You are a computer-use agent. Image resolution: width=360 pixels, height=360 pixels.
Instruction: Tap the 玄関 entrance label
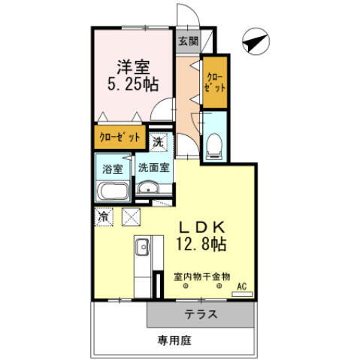coord(188,41)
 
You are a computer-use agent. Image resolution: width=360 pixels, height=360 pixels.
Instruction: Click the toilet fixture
coord(213,144)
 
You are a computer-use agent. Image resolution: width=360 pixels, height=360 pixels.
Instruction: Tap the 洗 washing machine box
coord(159,141)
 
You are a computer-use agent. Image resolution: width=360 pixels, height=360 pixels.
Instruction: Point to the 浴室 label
coord(112,168)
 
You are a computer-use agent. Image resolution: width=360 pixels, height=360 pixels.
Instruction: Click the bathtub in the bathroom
coord(113,190)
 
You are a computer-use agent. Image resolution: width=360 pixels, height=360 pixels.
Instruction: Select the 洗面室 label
coord(153,168)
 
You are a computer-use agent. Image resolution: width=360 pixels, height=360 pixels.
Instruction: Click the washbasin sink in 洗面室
coord(149,189)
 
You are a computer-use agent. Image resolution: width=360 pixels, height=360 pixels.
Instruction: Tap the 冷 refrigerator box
coord(104,216)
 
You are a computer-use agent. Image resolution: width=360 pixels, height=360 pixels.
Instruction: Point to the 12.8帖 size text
coord(199,244)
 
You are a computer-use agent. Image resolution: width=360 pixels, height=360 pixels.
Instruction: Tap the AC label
coord(241,287)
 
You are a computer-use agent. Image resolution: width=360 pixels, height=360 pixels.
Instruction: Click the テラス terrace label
coord(201,314)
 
